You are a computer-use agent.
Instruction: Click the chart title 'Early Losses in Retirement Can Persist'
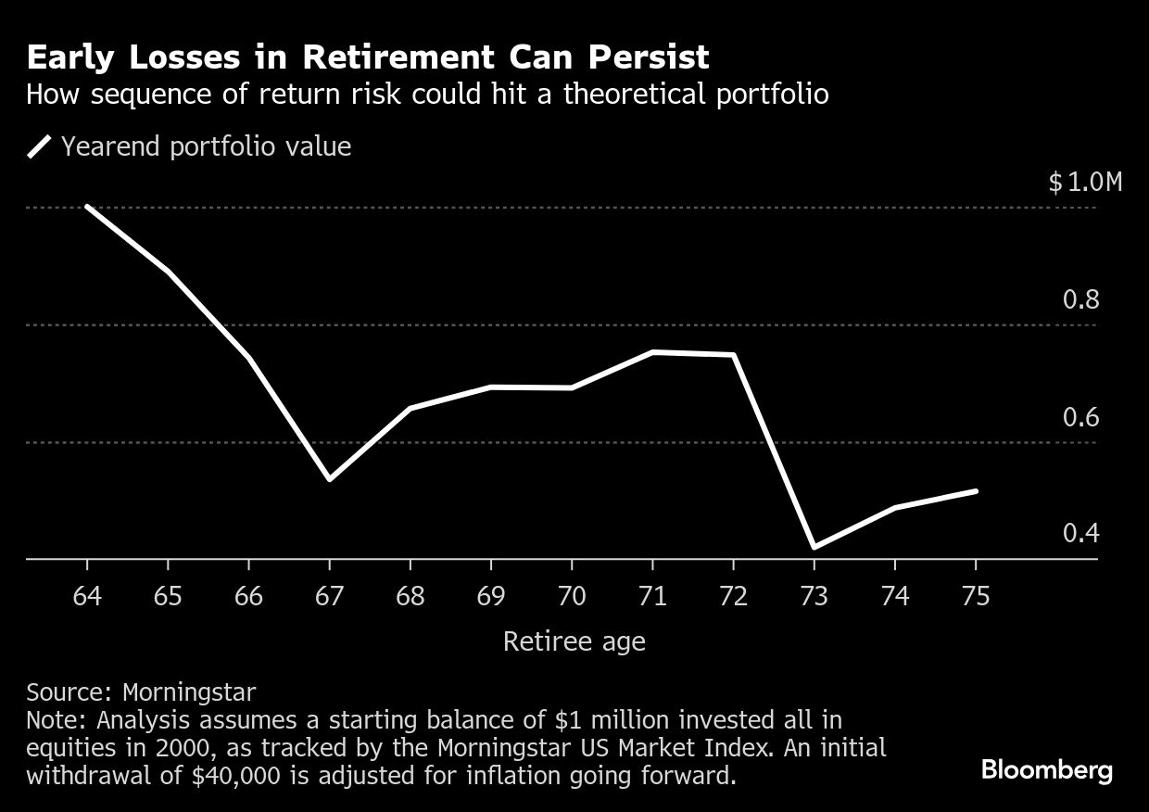point(368,57)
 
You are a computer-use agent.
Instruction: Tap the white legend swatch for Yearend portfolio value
point(40,147)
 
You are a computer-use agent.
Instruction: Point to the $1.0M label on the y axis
point(1085,182)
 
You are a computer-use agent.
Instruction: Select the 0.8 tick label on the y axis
point(1080,299)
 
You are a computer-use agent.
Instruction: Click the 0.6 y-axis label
point(1080,417)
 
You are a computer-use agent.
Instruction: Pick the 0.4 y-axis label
point(1080,534)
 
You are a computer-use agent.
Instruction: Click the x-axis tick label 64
point(87,595)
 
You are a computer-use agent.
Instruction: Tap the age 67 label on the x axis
point(330,595)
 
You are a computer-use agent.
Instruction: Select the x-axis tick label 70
point(572,595)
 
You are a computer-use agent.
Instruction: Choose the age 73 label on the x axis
point(814,595)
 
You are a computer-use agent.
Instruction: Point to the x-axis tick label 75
point(976,595)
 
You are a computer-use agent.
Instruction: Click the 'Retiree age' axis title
point(574,641)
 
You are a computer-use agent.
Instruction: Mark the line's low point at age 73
point(814,547)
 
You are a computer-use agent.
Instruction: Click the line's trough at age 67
point(330,478)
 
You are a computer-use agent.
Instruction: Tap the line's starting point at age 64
point(87,207)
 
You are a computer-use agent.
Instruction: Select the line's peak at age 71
point(653,352)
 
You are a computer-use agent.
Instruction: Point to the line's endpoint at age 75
point(976,491)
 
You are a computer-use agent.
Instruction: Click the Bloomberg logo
point(1046,770)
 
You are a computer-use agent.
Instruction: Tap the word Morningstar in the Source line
point(189,692)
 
